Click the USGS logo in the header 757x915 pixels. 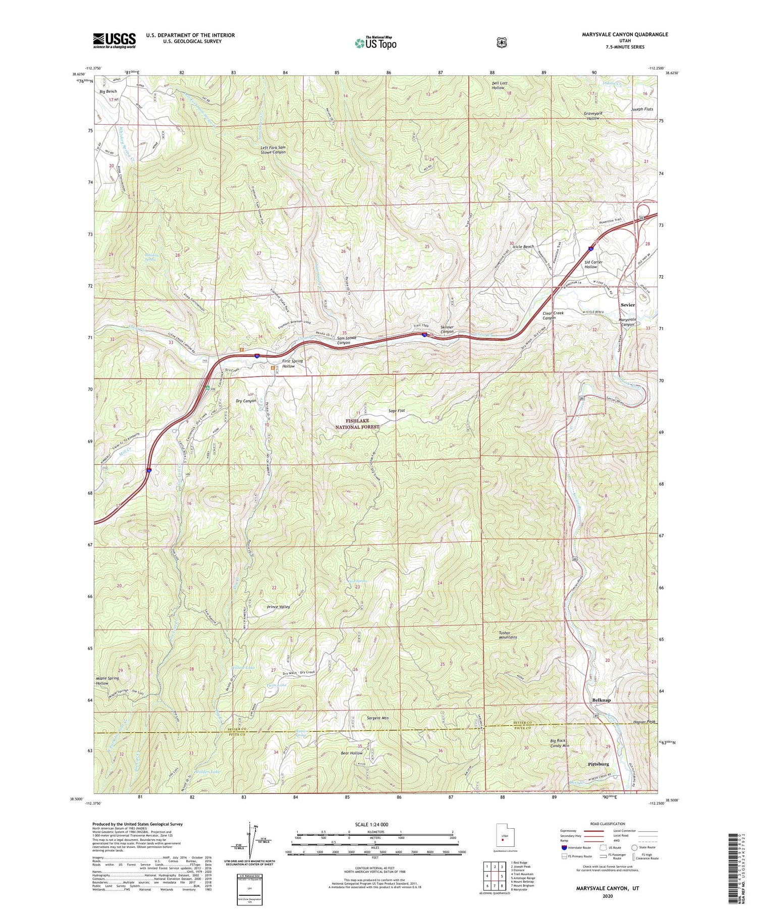click(x=114, y=40)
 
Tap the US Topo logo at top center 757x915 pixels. click(x=375, y=42)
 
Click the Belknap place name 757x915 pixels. click(x=601, y=701)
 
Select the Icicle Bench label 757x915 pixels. click(x=523, y=247)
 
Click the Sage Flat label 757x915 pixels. click(x=397, y=411)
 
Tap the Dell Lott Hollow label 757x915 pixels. click(x=498, y=85)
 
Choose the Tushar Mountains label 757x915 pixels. click(x=508, y=635)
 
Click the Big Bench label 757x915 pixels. click(x=108, y=91)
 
